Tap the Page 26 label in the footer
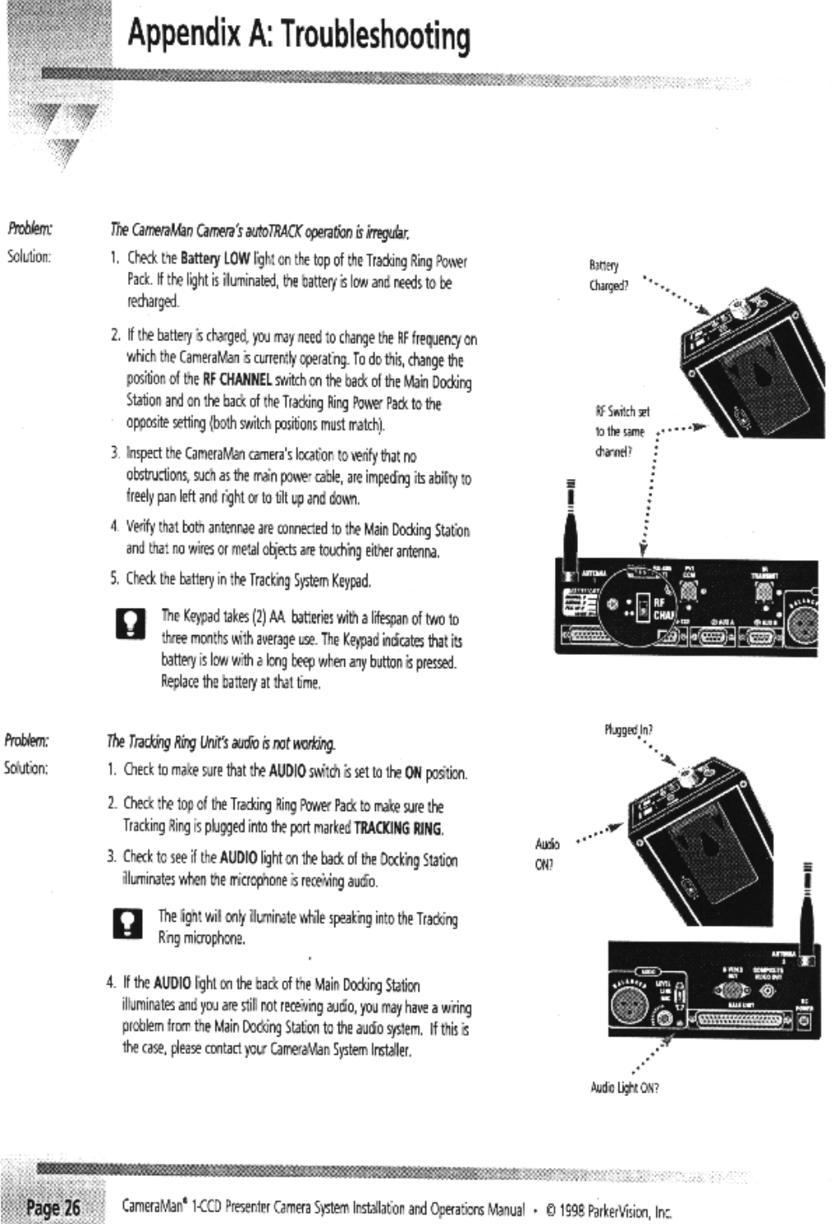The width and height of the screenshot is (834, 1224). coord(54,1207)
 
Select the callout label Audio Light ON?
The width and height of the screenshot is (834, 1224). coord(624,1088)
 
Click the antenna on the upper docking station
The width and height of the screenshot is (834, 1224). coord(569,520)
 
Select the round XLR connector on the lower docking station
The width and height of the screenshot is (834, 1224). coord(628,1007)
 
